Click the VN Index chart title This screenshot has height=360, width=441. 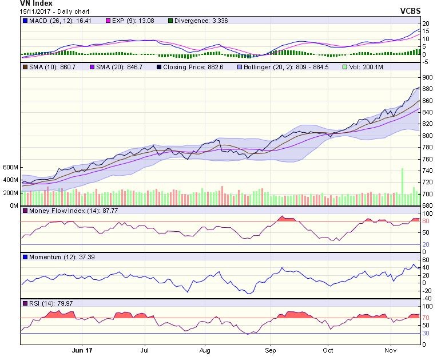(x=20, y=3)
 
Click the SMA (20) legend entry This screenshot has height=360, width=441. (x=114, y=67)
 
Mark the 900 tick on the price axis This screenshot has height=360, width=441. (x=427, y=78)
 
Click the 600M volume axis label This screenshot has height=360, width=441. (x=10, y=167)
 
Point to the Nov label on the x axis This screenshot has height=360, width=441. (x=391, y=350)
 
